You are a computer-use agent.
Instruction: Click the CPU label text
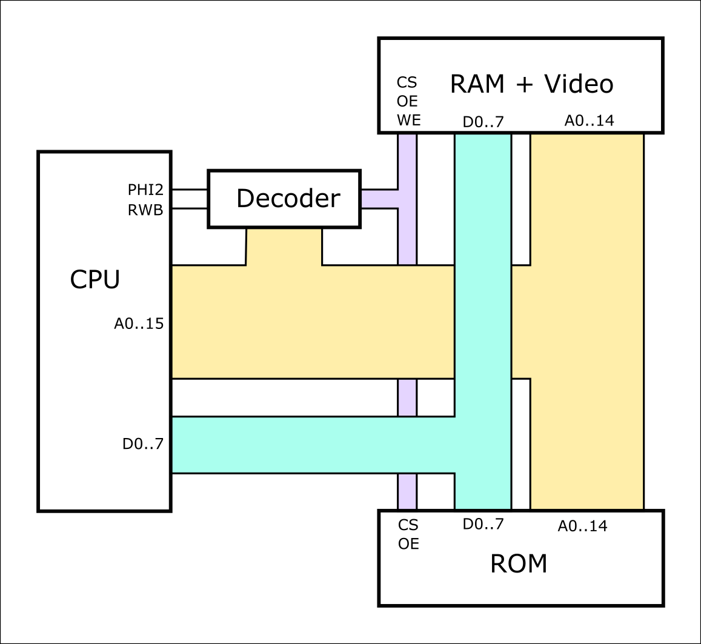[95, 279]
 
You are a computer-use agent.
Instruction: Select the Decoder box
[284, 199]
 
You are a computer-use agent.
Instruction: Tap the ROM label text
[519, 563]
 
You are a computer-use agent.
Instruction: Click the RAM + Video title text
[531, 84]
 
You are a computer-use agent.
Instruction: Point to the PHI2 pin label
[145, 190]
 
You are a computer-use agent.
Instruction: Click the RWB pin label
[145, 210]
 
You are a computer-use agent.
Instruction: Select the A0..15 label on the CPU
[139, 323]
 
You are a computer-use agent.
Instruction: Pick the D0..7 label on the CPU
[142, 443]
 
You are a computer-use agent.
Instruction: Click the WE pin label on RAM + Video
[408, 120]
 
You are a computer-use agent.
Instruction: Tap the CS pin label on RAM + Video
[407, 82]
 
